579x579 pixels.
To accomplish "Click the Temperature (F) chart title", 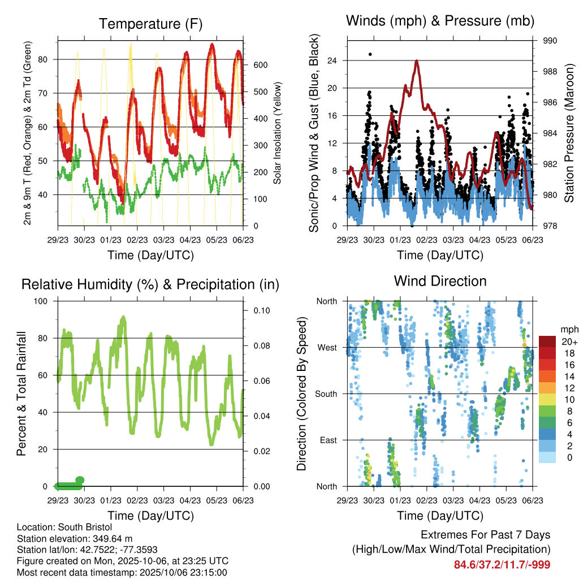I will [150, 24].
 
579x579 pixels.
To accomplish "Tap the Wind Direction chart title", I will [440, 280].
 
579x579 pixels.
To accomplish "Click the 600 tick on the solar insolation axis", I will [260, 65].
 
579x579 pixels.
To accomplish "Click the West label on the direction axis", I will [327, 347].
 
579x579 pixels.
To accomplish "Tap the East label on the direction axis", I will [328, 440].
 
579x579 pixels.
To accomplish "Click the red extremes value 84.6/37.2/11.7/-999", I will [502, 565].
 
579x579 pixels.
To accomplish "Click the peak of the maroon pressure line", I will [416, 61].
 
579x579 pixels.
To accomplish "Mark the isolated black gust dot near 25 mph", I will [370, 54].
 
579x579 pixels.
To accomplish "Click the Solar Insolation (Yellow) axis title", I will [277, 133].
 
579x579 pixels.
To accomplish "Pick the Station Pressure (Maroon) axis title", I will [569, 133].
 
